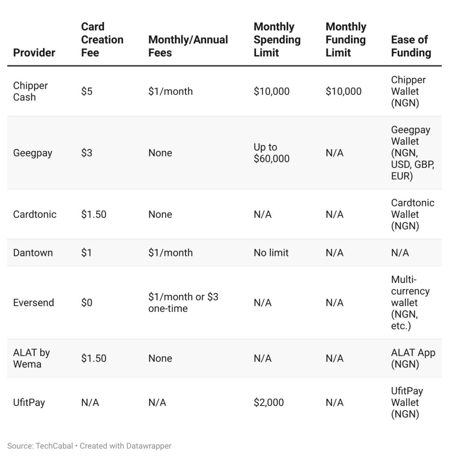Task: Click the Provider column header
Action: [34, 53]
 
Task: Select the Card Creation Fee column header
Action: [102, 40]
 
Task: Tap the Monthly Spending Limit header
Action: [277, 40]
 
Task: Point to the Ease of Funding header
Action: [411, 46]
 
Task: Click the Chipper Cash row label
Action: [30, 91]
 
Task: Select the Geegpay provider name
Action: [32, 153]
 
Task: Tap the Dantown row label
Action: [33, 252]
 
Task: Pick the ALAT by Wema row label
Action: [32, 358]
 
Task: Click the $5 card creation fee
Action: [87, 91]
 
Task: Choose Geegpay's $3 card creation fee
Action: [87, 153]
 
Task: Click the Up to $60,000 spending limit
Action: [272, 153]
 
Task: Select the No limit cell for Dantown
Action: [271, 252]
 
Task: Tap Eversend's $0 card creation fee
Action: [87, 302]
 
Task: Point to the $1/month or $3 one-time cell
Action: [183, 302]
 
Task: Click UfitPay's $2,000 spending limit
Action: [269, 402]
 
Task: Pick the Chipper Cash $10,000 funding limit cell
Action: [343, 91]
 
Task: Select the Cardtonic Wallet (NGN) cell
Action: [413, 214]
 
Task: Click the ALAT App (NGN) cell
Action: [413, 358]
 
